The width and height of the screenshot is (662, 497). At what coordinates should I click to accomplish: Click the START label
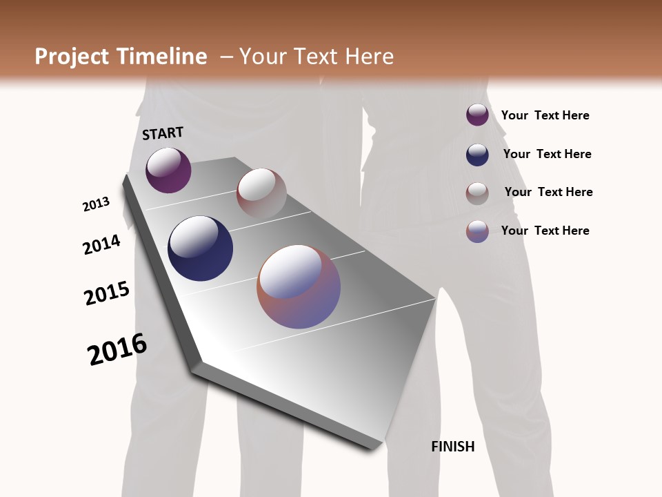[163, 133]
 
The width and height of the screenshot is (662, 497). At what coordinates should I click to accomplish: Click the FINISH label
[452, 447]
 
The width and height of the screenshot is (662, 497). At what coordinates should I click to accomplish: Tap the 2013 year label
[96, 204]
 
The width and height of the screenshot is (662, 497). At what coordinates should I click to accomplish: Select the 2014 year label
[101, 244]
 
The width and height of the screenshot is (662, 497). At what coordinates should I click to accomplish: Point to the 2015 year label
[106, 293]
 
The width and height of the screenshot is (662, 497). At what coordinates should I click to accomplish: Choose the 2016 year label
[117, 349]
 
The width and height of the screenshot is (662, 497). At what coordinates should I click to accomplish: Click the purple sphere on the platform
[168, 170]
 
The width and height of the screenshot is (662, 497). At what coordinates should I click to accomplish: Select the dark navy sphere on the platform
[200, 248]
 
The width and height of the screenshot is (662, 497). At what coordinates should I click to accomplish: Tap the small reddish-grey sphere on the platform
[261, 193]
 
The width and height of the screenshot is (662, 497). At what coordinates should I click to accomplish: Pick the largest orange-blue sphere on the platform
[299, 286]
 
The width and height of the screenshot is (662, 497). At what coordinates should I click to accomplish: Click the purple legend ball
[477, 115]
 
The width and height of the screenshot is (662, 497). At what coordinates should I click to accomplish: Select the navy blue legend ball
[477, 155]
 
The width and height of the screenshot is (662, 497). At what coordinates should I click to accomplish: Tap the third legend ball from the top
[477, 193]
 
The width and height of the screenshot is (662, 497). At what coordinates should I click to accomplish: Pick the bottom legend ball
[477, 231]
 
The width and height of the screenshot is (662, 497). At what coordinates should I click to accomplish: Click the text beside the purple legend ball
[545, 115]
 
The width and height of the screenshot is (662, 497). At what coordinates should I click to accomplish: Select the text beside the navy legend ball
[547, 154]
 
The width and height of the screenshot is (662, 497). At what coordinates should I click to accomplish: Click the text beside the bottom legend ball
[545, 231]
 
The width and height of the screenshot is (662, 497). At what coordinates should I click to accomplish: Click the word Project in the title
[68, 57]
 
